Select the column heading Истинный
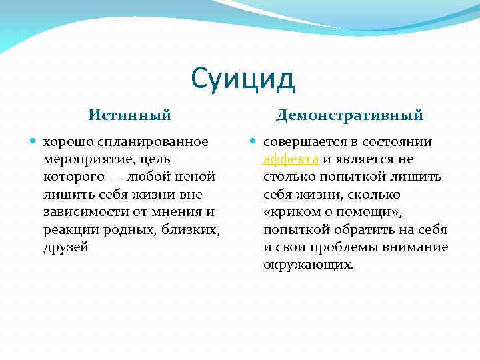(x=130, y=115)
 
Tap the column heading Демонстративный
(x=349, y=115)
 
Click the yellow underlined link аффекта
(x=292, y=159)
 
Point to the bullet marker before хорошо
(x=34, y=142)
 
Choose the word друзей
(x=65, y=247)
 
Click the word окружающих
(x=307, y=265)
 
